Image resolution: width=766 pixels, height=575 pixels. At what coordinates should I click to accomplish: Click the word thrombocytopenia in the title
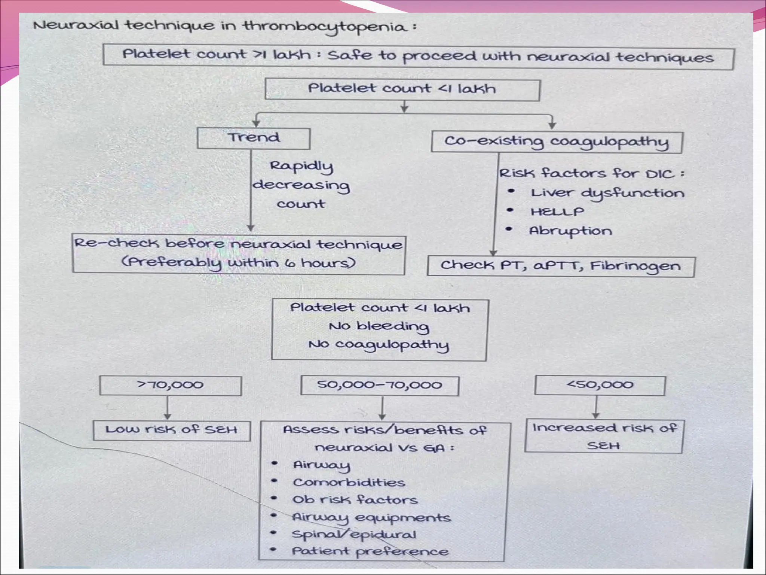click(325, 27)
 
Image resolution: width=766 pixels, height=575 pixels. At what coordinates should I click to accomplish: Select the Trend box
click(254, 138)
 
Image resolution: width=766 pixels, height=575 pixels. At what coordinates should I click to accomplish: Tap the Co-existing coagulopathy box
click(557, 142)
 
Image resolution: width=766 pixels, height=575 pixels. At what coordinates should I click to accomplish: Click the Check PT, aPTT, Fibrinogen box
click(560, 266)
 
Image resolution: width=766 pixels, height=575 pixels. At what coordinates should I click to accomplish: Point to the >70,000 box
click(171, 385)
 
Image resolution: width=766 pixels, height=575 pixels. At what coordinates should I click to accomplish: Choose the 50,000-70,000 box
click(380, 386)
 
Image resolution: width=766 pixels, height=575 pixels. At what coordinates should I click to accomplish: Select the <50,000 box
click(600, 385)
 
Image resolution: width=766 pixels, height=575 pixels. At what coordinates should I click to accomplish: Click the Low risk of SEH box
click(172, 430)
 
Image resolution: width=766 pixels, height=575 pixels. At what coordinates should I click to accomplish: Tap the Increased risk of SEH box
click(604, 436)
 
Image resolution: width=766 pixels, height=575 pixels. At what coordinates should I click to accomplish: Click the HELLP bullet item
click(557, 212)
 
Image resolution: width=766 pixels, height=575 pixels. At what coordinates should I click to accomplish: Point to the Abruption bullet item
click(570, 231)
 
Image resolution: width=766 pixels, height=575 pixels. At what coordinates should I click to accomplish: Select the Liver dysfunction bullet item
click(607, 193)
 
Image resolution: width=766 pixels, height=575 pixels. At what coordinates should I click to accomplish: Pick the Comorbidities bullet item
click(349, 483)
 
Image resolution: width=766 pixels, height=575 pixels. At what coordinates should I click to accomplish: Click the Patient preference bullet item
click(370, 551)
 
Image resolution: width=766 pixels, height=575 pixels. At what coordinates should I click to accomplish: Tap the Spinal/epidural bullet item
click(354, 534)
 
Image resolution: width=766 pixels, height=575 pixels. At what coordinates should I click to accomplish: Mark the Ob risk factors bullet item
click(355, 500)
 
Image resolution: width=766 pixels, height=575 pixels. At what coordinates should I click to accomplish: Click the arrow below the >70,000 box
click(168, 408)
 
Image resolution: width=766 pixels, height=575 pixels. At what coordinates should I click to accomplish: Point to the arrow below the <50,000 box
click(596, 407)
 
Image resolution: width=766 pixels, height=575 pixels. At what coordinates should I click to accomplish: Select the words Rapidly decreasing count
click(301, 185)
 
